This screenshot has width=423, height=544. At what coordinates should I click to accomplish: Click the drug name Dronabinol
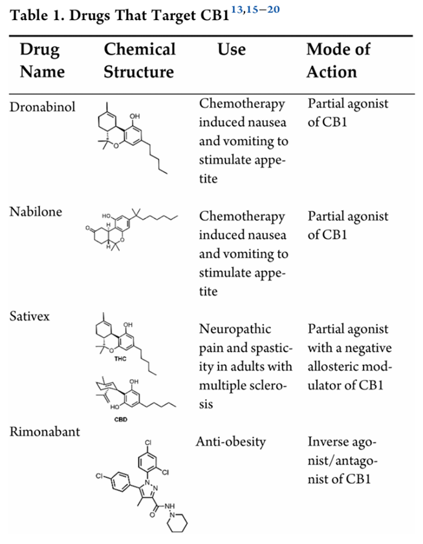[x=43, y=107]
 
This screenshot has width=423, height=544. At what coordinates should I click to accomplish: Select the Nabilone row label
[x=36, y=212]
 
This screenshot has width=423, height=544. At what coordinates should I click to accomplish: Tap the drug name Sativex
[x=30, y=317]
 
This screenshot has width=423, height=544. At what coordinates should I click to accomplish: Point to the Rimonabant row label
[x=45, y=432]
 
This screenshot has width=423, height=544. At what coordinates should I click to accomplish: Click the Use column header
[x=232, y=49]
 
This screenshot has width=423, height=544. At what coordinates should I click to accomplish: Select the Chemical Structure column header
[x=140, y=60]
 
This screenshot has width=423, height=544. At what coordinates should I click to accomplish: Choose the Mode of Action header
[x=338, y=60]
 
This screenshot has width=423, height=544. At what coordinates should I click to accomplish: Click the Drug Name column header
[x=42, y=60]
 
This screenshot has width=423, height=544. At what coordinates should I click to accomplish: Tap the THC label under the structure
[x=120, y=359]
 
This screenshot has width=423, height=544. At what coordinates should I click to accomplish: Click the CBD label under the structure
[x=121, y=419]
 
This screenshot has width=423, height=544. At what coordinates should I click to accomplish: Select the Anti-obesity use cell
[x=231, y=442]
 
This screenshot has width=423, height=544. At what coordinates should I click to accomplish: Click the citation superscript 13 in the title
[x=237, y=10]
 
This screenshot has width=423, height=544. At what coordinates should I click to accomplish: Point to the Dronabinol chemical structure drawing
[x=133, y=138]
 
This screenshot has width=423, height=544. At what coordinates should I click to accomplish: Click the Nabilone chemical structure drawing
[x=132, y=229]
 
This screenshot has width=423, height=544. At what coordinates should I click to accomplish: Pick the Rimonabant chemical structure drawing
[x=142, y=486]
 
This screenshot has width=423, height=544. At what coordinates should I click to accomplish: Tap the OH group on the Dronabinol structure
[x=135, y=116]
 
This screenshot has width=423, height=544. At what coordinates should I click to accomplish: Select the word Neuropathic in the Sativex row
[x=235, y=330]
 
